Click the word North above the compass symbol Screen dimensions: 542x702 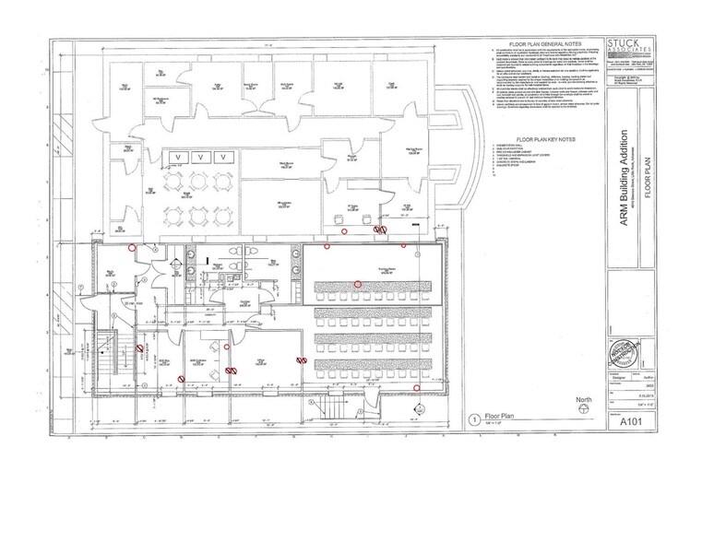(x=583, y=399)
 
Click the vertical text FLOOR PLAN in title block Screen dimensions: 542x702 (x=648, y=194)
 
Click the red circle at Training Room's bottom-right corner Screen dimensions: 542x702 (x=417, y=388)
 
